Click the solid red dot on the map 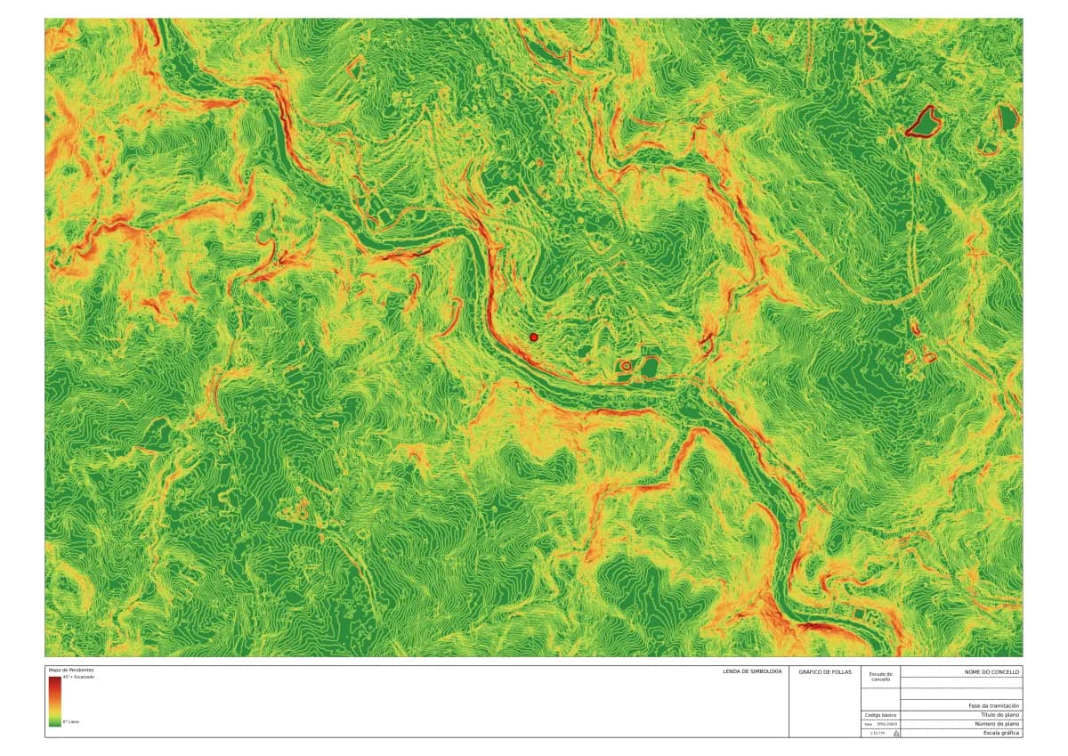pyautogui.click(x=534, y=337)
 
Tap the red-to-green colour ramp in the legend pyautogui.click(x=55, y=701)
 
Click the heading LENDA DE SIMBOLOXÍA pyautogui.click(x=752, y=671)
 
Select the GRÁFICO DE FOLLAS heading pyautogui.click(x=820, y=671)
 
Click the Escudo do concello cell pyautogui.click(x=881, y=678)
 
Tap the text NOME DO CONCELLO pyautogui.click(x=992, y=671)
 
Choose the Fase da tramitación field pyautogui.click(x=994, y=705)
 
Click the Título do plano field pyautogui.click(x=1000, y=715)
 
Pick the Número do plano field pyautogui.click(x=999, y=724)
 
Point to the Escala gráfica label pyautogui.click(x=1002, y=733)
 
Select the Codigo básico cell pyautogui.click(x=880, y=715)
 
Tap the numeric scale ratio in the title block pyautogui.click(x=877, y=733)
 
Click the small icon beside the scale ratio pyautogui.click(x=895, y=733)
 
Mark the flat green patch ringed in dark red pyautogui.click(x=923, y=121)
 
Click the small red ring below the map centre pyautogui.click(x=626, y=365)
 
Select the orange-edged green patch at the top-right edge pyautogui.click(x=1007, y=117)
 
